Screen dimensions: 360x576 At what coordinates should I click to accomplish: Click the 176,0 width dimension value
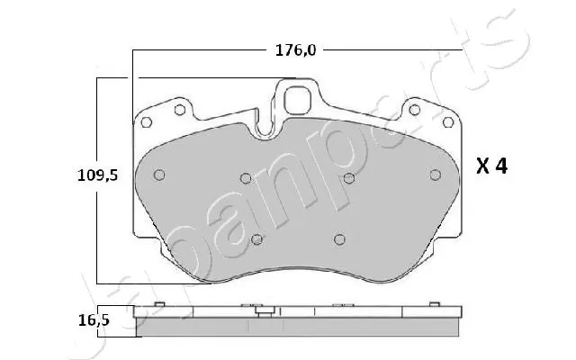(295, 49)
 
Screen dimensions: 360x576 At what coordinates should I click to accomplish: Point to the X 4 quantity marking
(492, 166)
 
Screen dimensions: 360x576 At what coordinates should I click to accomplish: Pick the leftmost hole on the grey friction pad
(158, 175)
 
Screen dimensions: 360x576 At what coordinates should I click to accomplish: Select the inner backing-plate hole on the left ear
(179, 110)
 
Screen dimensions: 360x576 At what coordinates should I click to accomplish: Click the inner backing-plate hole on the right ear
(414, 110)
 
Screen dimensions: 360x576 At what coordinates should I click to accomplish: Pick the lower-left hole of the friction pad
(256, 238)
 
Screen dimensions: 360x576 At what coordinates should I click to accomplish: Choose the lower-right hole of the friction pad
(338, 238)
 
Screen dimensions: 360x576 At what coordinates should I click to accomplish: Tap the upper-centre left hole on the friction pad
(245, 178)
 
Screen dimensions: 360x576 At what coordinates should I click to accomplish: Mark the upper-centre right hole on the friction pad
(348, 178)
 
